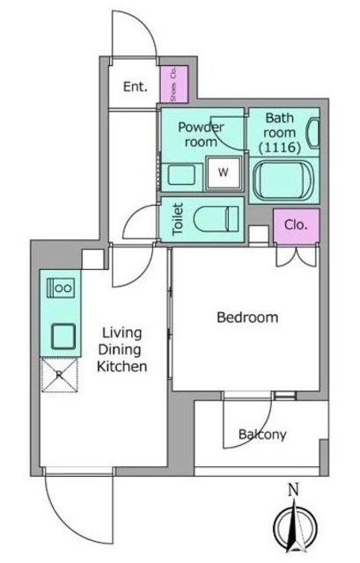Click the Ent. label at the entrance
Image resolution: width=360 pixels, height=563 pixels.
coord(135,86)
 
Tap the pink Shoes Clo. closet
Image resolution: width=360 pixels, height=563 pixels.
coord(174,84)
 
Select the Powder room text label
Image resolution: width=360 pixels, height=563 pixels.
coord(201,135)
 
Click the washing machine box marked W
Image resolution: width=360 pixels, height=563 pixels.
coord(224,172)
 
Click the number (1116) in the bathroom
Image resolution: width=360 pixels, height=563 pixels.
coord(280,147)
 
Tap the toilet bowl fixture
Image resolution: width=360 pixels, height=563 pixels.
coord(216,219)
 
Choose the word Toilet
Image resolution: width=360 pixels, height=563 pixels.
coord(178,219)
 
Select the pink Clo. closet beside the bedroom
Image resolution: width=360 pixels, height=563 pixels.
coord(297,225)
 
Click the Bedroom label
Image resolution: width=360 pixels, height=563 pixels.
coord(247,318)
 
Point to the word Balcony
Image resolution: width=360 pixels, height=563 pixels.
coord(262,435)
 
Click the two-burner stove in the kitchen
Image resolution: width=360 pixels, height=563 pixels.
coord(61,288)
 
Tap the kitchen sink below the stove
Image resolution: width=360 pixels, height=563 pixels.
coord(63,336)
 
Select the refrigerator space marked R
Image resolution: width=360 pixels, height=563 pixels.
coord(60,375)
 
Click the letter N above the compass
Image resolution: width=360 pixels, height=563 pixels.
coord(294,490)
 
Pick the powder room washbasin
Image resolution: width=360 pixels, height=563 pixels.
coord(181,174)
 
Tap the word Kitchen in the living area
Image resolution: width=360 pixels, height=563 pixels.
coord(121,367)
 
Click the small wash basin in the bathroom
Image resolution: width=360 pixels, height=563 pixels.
coord(312,133)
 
